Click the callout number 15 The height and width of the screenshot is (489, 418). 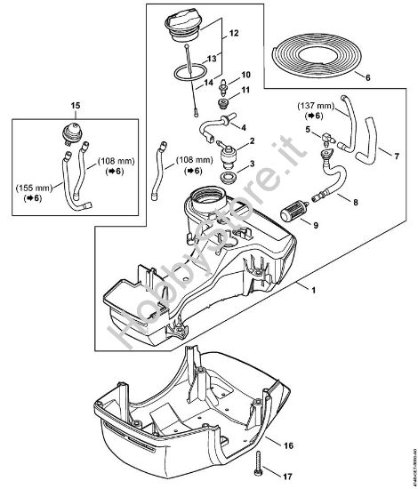(75, 106)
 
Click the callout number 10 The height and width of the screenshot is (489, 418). (246, 75)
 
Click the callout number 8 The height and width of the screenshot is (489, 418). (357, 203)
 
